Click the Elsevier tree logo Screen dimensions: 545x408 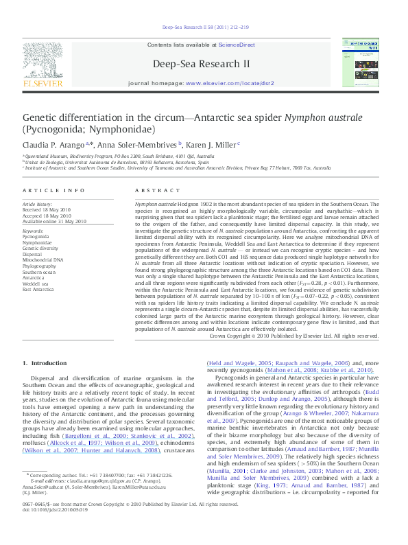tap(43, 61)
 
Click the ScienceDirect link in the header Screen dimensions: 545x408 tap(237, 45)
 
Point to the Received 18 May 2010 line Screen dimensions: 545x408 tap(47, 210)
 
